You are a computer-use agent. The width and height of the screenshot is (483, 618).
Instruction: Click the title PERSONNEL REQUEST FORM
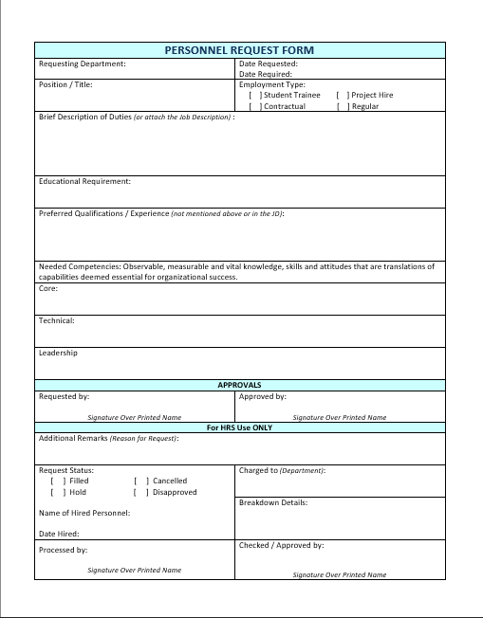point(239,50)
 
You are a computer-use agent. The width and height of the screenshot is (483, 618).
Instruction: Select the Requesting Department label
point(82,64)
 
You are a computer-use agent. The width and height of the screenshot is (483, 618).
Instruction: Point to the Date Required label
point(266,74)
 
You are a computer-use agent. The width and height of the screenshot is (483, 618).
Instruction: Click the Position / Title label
point(65,84)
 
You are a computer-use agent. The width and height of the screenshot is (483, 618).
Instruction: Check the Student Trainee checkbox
point(254,96)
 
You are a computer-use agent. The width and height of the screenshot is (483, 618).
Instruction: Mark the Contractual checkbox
point(254,107)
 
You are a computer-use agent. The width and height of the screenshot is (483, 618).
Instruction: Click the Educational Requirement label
point(84,181)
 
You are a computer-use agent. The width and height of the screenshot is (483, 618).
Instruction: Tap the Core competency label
point(48,288)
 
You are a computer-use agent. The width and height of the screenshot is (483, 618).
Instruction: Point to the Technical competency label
point(56,320)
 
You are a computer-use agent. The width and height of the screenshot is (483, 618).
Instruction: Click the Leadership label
point(58,353)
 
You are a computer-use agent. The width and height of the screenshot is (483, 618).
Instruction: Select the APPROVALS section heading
point(239,386)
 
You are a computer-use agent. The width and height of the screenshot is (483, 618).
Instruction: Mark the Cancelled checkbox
point(140,481)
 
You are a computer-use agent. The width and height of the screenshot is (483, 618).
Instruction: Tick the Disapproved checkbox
point(140,492)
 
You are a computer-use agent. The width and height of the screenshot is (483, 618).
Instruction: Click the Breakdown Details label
point(273,502)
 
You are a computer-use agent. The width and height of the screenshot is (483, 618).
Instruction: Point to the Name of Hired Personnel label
point(84,513)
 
